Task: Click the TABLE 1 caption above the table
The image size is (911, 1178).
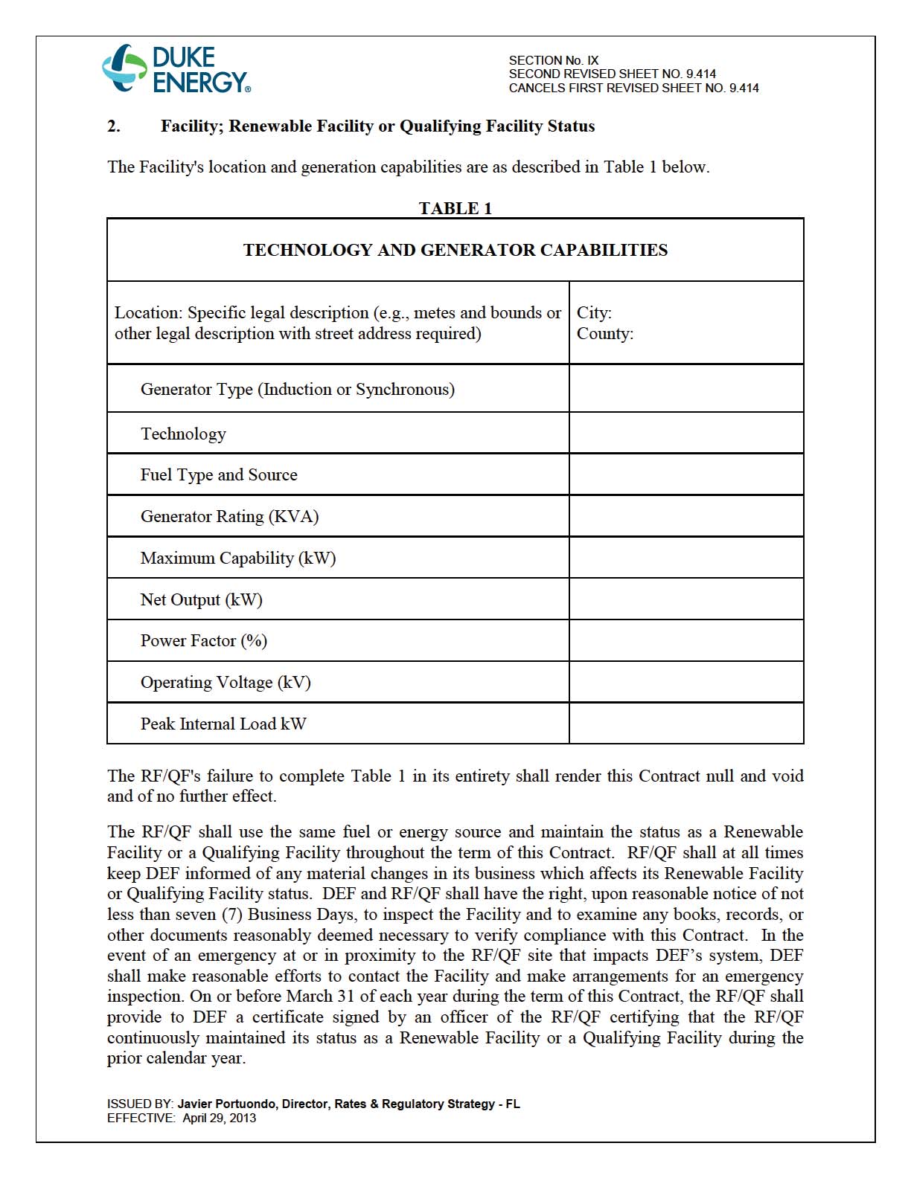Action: (x=455, y=208)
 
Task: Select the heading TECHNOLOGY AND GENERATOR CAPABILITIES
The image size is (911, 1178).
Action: (x=455, y=250)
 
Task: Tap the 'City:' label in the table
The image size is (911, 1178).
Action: (x=594, y=313)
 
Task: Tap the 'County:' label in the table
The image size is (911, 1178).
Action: (x=604, y=334)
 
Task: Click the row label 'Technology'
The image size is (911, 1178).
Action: (x=183, y=434)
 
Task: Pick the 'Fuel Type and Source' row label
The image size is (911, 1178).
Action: (x=219, y=475)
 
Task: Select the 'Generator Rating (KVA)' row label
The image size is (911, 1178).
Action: (x=229, y=517)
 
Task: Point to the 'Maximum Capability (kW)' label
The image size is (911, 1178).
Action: (x=238, y=559)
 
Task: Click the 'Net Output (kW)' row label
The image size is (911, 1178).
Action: (x=202, y=600)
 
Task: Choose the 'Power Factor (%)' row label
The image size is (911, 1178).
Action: (x=204, y=641)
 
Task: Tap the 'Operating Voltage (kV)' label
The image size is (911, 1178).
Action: (x=226, y=683)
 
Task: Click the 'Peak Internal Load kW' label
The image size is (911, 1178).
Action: (x=223, y=724)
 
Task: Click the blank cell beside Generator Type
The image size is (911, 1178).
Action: (x=685, y=389)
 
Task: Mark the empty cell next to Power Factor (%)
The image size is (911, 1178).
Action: (x=685, y=641)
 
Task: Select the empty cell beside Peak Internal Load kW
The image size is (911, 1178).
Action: (x=685, y=724)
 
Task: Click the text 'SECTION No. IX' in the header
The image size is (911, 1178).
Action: (x=553, y=60)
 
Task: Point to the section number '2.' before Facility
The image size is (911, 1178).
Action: (x=114, y=126)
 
